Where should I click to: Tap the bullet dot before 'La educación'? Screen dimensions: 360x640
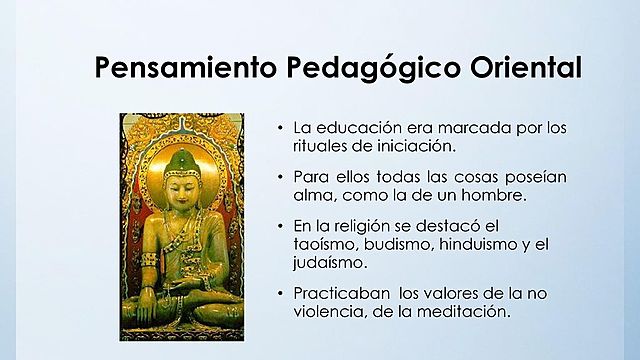[x=279, y=128]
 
